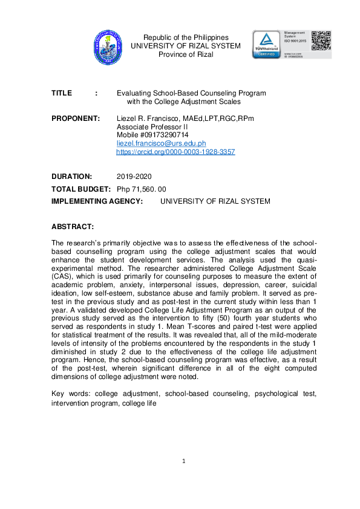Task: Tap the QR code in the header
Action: (321, 39)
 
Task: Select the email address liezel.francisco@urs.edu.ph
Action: (161, 143)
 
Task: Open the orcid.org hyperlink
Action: (175, 152)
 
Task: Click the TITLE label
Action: (62, 94)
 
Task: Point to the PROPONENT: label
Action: (76, 118)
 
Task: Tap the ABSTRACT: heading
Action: (73, 226)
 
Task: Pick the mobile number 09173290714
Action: (163, 135)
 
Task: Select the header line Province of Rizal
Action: (186, 54)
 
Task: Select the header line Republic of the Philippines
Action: (186, 37)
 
